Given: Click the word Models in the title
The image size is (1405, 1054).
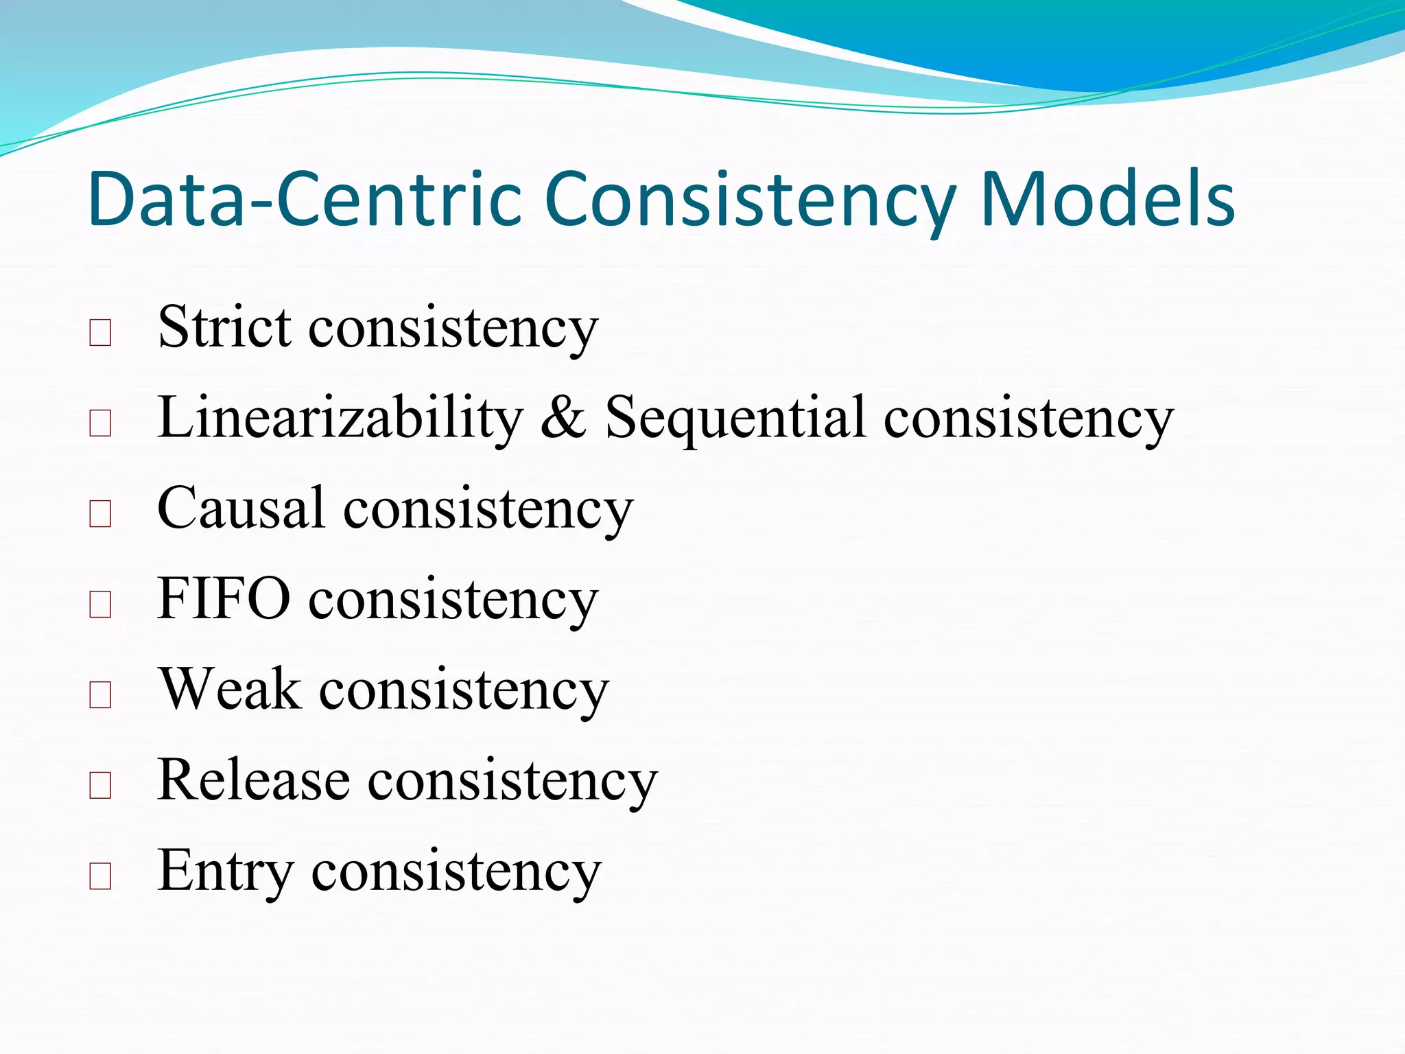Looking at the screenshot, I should [x=1107, y=199].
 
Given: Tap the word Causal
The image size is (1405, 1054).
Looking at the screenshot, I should [x=241, y=508].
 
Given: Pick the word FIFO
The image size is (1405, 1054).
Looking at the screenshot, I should [x=224, y=598].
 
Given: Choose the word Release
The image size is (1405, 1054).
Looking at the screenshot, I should [x=254, y=780].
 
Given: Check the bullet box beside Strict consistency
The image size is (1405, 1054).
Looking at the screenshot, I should [x=100, y=333].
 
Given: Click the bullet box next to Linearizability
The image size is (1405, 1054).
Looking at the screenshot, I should [x=100, y=423].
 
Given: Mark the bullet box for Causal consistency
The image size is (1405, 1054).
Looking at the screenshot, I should [x=100, y=514].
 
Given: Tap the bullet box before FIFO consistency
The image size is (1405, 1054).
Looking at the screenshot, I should [x=100, y=605].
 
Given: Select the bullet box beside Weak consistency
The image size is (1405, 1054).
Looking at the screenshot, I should [x=100, y=694].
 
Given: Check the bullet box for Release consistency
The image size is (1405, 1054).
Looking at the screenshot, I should [x=100, y=785].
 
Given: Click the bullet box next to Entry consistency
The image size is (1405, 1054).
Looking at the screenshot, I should [x=100, y=876].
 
